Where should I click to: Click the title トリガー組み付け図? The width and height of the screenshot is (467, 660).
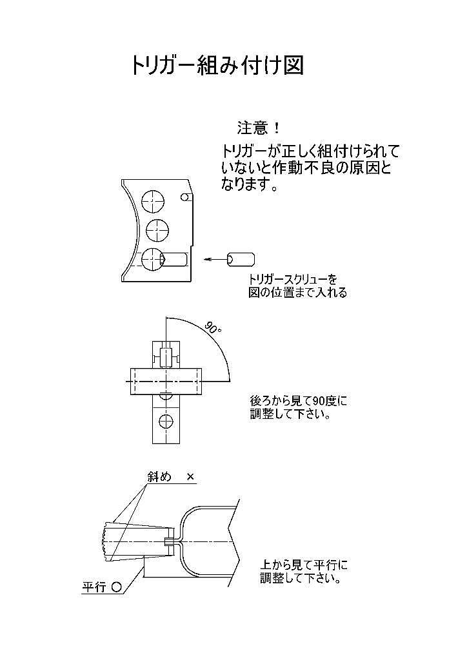tap(217, 65)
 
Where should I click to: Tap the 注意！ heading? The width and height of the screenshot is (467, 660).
tap(258, 128)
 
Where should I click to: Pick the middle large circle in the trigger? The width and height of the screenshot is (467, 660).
tap(157, 230)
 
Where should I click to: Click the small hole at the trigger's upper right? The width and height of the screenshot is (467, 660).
tap(184, 197)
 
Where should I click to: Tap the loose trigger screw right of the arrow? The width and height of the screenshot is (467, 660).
tap(241, 259)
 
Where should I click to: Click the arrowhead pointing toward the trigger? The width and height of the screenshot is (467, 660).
tap(207, 260)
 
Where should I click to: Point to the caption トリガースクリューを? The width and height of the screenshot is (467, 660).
tap(293, 279)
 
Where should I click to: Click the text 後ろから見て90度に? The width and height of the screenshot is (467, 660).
tap(299, 400)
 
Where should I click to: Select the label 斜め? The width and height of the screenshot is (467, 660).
tap(159, 476)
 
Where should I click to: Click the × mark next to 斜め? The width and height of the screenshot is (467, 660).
tap(190, 477)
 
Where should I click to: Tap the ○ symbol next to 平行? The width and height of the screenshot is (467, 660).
tap(117, 587)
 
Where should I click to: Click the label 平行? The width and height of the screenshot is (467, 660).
tap(94, 587)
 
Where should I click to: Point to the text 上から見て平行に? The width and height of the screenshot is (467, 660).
tap(304, 565)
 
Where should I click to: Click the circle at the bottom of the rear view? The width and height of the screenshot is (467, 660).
tap(166, 420)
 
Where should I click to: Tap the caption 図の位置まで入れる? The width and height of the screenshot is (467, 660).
tap(297, 292)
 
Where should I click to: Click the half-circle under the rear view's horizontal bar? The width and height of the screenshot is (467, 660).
tap(166, 396)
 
